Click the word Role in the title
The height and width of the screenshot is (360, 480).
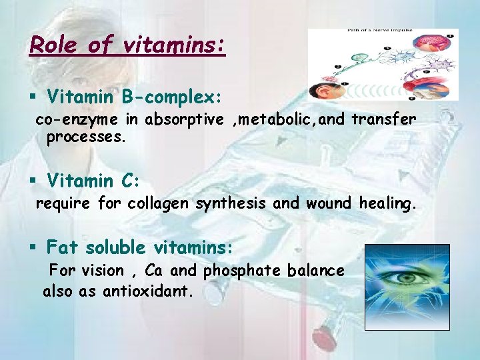pyautogui.click(x=51, y=45)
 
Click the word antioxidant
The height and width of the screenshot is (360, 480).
pyautogui.click(x=147, y=291)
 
